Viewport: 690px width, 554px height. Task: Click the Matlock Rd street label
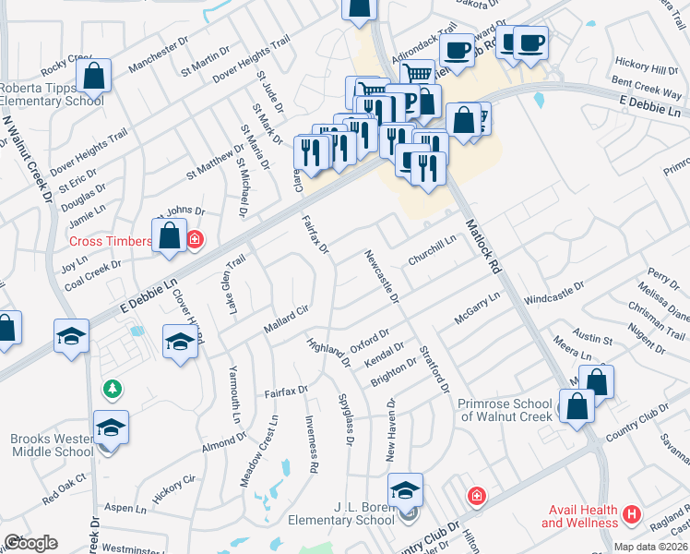point(482,246)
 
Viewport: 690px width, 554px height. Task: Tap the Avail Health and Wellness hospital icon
point(632,513)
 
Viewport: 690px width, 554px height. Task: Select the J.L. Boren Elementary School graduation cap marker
point(405,490)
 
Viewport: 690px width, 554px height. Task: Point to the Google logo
point(30,543)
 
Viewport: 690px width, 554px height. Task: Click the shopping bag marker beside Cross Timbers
point(171,235)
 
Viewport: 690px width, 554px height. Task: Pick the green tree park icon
point(113,391)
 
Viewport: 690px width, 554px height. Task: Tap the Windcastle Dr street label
point(553,294)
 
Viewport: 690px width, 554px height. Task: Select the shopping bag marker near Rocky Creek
point(93,77)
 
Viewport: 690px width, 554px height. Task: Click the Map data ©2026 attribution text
point(649,547)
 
